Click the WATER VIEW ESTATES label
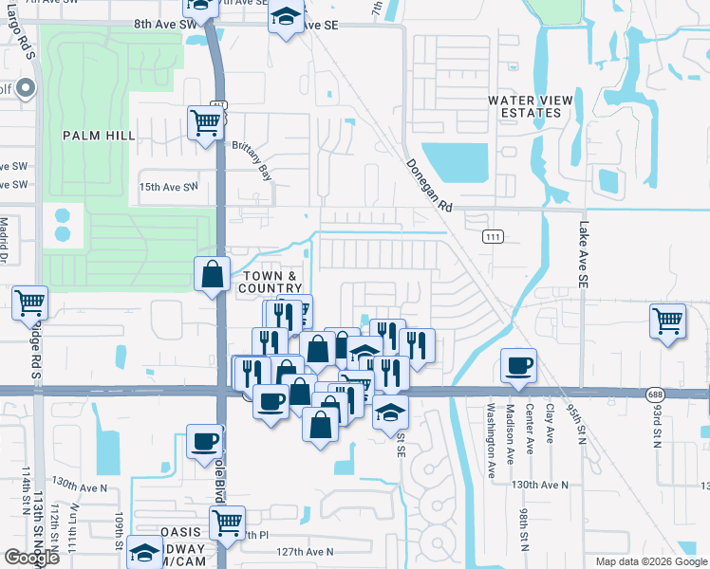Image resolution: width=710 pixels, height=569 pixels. coord(524,106)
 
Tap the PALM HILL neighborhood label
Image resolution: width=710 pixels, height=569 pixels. coord(99,136)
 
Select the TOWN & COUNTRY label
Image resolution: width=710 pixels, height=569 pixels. coord(269,282)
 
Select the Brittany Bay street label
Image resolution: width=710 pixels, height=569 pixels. coord(252,160)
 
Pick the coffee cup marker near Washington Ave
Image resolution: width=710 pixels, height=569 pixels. coord(518,366)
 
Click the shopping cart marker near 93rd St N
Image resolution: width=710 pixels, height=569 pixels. coord(668,321)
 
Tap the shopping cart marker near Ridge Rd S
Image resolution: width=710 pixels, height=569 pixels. coord(30,303)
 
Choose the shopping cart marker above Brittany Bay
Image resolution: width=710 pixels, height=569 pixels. coord(206,122)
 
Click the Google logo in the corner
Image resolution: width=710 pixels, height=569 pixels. coord(31,558)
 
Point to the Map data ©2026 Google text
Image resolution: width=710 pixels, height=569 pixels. coord(651,561)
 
